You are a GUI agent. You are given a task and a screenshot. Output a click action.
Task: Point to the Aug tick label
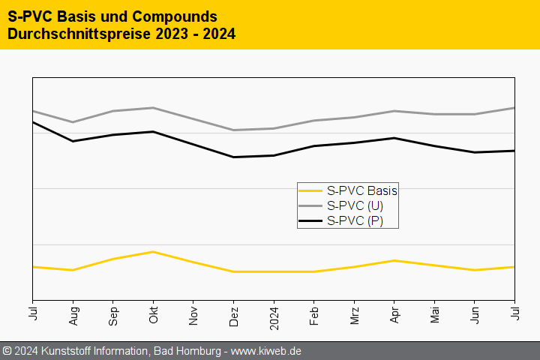click(x=73, y=316)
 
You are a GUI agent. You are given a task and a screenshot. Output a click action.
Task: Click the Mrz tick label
click(x=354, y=316)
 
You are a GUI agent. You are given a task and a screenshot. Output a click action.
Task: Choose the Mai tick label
click(x=434, y=316)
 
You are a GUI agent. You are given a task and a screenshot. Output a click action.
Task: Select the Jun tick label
click(x=475, y=316)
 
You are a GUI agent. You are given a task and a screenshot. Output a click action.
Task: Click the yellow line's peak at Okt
click(x=153, y=251)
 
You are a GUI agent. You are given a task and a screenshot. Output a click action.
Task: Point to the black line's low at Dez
click(x=234, y=157)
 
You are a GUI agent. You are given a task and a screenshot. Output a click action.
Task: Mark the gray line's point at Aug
click(x=73, y=122)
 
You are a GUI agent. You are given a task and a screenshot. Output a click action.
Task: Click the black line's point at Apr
click(x=394, y=138)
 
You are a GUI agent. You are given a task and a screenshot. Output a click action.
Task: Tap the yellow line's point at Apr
click(x=394, y=260)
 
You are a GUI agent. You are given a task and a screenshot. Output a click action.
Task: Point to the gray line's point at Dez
click(x=234, y=130)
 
